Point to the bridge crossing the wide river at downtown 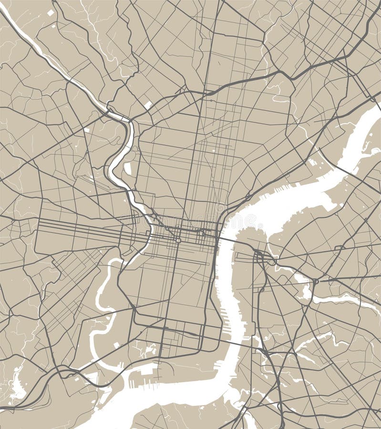pos(228,238)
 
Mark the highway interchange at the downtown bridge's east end pos(260,257)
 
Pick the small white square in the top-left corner pos(51,13)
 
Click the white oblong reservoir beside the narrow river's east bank pos(128,168)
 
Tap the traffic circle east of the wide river pos(315,281)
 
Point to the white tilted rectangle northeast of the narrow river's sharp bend pos(148,104)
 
